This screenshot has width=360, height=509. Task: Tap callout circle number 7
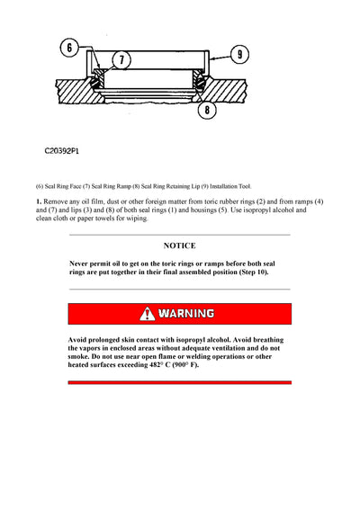coord(124,58)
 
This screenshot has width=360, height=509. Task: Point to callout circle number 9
coord(240,55)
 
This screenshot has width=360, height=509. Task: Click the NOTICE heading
coord(179,246)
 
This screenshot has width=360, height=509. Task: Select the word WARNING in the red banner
coord(186,314)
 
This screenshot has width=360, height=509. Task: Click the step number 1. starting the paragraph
coord(40,202)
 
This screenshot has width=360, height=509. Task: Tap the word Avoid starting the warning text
coord(79,339)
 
